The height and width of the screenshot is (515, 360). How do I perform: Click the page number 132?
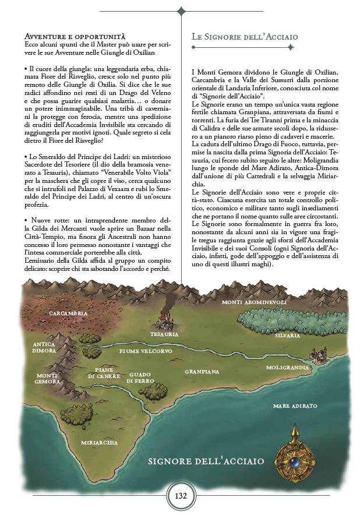click(180, 496)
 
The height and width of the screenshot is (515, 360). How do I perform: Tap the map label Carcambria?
click(68, 313)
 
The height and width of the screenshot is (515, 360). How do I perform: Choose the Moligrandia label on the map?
click(287, 368)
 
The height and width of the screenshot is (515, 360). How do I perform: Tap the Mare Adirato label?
click(295, 405)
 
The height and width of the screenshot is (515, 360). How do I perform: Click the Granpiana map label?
click(202, 371)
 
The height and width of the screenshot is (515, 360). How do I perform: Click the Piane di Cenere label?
click(104, 373)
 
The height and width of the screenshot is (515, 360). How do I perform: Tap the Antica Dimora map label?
click(44, 348)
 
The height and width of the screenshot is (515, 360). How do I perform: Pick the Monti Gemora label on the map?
click(48, 378)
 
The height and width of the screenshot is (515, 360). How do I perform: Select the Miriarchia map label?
click(98, 443)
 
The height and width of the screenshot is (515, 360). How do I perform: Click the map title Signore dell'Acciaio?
click(206, 461)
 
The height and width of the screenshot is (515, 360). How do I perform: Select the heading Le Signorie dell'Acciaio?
click(245, 37)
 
